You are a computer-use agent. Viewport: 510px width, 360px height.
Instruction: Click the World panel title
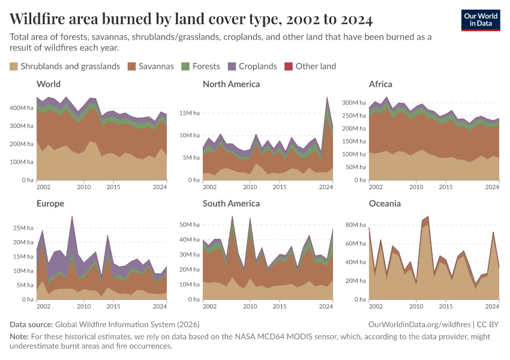[x=49, y=84]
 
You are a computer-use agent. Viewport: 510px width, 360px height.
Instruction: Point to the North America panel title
[x=231, y=84]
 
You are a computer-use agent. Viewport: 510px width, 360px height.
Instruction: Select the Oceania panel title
[x=385, y=203]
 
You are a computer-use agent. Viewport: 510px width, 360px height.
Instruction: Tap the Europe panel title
[x=50, y=203]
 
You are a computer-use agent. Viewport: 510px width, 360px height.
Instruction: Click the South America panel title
[x=231, y=203]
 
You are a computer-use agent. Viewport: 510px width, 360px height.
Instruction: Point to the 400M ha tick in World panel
[x=23, y=108]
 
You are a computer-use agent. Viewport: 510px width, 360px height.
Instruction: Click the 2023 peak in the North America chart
[x=327, y=97]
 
